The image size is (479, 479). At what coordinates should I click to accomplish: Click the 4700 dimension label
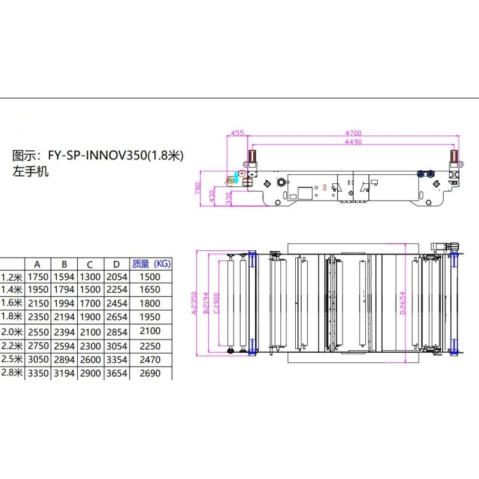pyautogui.click(x=353, y=133)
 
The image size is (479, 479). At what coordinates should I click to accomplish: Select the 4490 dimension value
pyautogui.click(x=353, y=142)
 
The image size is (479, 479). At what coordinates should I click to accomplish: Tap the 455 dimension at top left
pyautogui.click(x=237, y=133)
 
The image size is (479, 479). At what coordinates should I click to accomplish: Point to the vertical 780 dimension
pyautogui.click(x=198, y=188)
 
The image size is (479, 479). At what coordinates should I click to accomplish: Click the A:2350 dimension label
pyautogui.click(x=194, y=303)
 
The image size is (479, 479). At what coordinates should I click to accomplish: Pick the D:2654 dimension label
pyautogui.click(x=403, y=303)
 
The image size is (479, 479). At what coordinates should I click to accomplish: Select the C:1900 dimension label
pyautogui.click(x=216, y=303)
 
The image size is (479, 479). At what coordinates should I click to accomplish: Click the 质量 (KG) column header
pyautogui.click(x=151, y=263)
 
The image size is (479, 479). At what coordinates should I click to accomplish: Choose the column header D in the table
pyautogui.click(x=116, y=264)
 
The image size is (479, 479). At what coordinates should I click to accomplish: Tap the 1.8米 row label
pyautogui.click(x=11, y=316)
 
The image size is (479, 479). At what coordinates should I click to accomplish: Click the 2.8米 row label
pyautogui.click(x=11, y=372)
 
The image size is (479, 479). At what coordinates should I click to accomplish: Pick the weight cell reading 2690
pyautogui.click(x=150, y=373)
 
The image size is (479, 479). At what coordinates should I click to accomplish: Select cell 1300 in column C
pyautogui.click(x=90, y=277)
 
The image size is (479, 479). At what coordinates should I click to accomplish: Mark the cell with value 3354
pyautogui.click(x=117, y=360)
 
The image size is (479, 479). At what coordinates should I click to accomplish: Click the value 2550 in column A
pyautogui.click(x=38, y=332)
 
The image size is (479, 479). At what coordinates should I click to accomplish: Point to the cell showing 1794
pyautogui.click(x=64, y=289)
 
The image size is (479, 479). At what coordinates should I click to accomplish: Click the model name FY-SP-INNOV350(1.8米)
pyautogui.click(x=116, y=156)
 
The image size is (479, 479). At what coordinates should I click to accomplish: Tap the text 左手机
pyautogui.click(x=31, y=171)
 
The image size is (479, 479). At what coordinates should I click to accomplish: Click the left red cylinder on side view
pyautogui.click(x=252, y=156)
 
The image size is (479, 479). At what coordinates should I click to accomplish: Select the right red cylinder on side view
pyautogui.click(x=454, y=156)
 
